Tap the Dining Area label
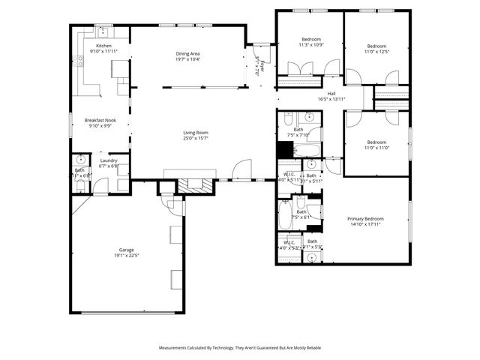[187, 54]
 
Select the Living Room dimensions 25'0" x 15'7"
[195, 138]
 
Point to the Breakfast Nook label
[100, 120]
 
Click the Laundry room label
[109, 160]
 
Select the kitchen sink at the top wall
[103, 31]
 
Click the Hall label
[331, 94]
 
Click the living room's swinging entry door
[241, 172]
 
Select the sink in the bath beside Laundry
[79, 160]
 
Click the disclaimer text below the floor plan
[239, 348]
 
